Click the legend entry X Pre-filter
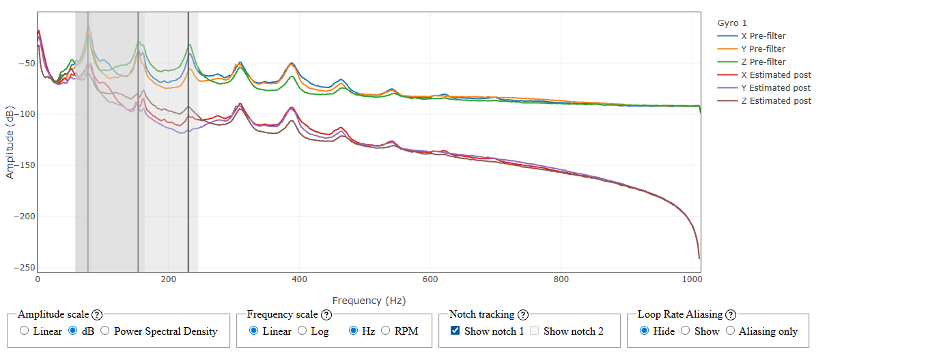[x=767, y=36]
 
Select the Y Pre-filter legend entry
[x=767, y=49]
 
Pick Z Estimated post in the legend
[x=776, y=100]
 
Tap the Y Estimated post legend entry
[x=776, y=87]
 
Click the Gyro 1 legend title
[x=732, y=23]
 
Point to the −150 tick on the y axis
[x=25, y=165]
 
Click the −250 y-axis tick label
[x=25, y=267]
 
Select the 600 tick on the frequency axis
[x=430, y=279]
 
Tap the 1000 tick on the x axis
[x=692, y=279]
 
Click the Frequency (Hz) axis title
[x=369, y=300]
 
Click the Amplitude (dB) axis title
[x=10, y=142]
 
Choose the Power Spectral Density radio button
[x=105, y=331]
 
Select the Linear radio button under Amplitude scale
[x=25, y=331]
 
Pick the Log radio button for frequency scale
[x=303, y=331]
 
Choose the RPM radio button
[x=387, y=331]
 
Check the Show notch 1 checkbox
[x=456, y=331]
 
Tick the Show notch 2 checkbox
[x=535, y=331]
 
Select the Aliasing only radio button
[x=731, y=331]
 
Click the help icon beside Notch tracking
[x=523, y=315]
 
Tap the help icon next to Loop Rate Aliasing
[x=731, y=315]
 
